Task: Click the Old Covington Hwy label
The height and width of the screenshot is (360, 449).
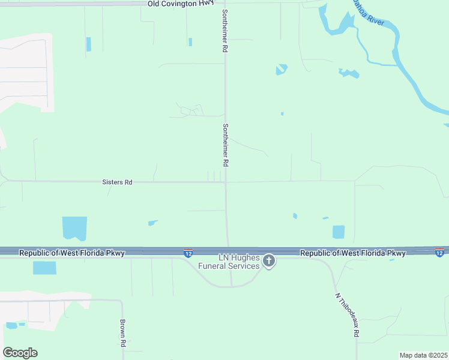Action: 181,3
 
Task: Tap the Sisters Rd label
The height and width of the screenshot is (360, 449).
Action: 117,182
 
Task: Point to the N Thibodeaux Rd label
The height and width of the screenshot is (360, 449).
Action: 347,314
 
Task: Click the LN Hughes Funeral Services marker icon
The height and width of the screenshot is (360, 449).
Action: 269,261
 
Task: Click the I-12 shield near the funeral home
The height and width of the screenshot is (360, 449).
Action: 188,253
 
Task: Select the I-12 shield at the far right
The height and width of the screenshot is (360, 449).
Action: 439,253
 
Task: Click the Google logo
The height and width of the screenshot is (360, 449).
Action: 20,353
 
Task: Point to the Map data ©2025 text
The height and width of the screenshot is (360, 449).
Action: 423,355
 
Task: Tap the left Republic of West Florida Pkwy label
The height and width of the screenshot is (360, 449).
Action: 72,253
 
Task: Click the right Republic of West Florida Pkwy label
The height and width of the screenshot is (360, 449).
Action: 353,253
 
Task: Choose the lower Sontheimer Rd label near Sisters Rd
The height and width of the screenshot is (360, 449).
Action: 226,145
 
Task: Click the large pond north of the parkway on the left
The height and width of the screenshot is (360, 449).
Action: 74,228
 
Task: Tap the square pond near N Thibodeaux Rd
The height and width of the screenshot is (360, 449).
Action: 339,232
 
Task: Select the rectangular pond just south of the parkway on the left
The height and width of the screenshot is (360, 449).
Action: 44,268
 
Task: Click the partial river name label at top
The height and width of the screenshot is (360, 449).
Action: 367,12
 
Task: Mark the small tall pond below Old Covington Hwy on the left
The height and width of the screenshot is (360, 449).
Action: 89,44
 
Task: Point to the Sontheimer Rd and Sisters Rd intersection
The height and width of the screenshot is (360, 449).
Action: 226,182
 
